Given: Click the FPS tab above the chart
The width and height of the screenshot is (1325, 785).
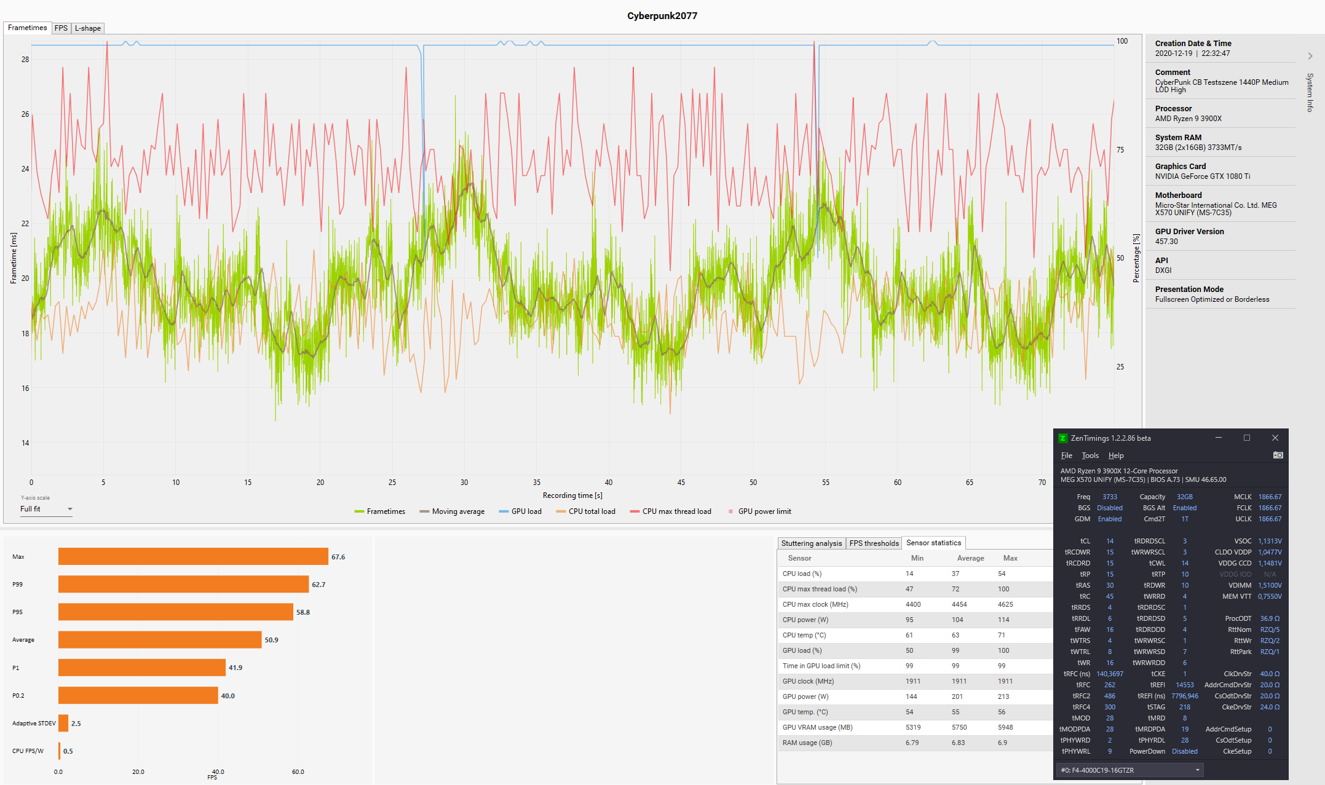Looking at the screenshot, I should (61, 28).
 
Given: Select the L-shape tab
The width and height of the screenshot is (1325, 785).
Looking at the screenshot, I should (87, 28).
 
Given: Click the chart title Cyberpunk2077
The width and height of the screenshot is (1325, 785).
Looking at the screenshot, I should (662, 16).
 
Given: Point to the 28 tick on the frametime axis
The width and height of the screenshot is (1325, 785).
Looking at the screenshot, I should (25, 60).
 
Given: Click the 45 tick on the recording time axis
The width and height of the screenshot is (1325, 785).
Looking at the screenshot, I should (681, 483).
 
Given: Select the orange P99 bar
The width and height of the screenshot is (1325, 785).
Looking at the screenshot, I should (183, 585).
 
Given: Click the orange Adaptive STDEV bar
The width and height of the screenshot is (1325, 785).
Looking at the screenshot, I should (63, 724).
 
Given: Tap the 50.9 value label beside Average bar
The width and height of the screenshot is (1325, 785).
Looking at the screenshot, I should (271, 640).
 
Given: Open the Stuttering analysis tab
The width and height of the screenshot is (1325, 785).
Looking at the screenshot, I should (811, 543).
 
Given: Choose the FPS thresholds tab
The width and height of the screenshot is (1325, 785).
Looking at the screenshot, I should (874, 543).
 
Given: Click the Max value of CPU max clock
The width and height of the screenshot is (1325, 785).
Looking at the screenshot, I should (1005, 604).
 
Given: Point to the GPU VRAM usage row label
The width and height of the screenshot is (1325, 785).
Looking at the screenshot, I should (817, 727).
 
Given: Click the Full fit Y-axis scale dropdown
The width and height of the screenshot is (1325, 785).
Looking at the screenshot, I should (46, 509).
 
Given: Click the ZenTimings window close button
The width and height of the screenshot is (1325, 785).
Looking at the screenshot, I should (1275, 438).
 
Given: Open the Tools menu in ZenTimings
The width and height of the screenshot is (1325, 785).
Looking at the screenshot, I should (1090, 456).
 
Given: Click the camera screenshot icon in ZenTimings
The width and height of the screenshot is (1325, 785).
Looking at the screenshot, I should (1278, 456).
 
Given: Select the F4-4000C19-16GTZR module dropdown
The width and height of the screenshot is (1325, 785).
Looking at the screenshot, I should (1129, 770).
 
